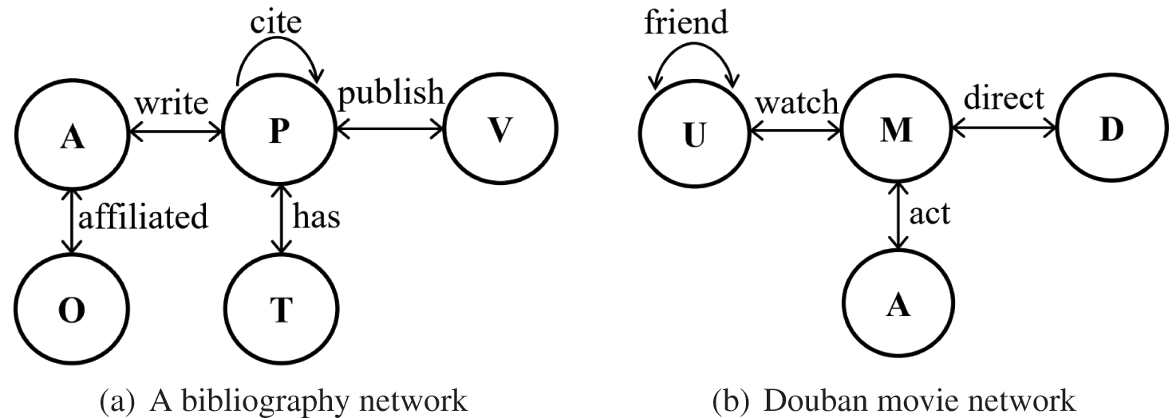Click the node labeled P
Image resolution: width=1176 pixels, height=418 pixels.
coord(279,129)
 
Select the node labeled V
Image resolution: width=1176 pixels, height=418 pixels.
coord(501,129)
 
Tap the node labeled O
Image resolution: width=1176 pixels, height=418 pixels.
coord(71,309)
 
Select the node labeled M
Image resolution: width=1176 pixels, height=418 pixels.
coord(896,128)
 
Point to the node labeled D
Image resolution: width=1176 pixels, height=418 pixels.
coord(1112,129)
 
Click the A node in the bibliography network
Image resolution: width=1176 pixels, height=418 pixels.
coord(71,135)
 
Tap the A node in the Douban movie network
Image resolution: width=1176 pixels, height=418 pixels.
coord(898,303)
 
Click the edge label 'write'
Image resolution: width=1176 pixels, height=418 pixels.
coord(172,104)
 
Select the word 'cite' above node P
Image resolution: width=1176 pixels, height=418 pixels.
coord(275,22)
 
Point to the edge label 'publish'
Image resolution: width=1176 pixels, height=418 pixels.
coord(391,93)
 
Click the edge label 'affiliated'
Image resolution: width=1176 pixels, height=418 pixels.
coord(144,216)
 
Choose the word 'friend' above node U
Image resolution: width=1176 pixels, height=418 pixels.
coord(686,22)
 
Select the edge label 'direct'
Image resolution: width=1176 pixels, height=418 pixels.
coord(1004,97)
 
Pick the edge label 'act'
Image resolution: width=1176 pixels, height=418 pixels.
coord(929,213)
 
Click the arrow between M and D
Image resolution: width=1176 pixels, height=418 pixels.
coord(1004,128)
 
